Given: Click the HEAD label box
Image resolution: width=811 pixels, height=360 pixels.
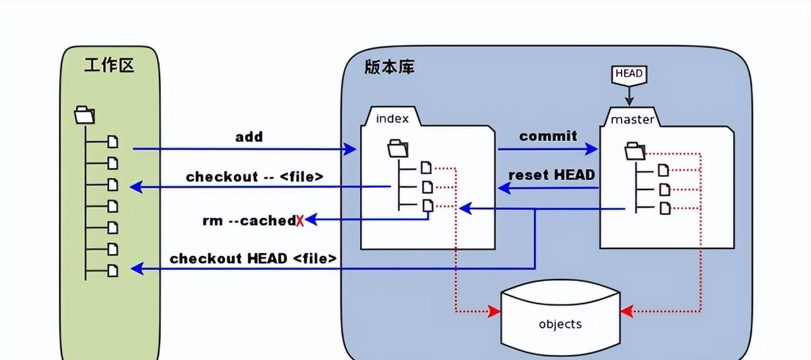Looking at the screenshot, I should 629,74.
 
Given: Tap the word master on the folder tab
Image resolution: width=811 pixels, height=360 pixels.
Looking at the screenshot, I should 632,119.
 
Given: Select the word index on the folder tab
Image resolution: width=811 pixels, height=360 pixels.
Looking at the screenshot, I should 392,119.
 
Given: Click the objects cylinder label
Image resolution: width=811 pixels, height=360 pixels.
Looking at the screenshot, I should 560,324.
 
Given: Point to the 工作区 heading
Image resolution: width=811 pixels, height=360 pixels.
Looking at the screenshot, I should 110,65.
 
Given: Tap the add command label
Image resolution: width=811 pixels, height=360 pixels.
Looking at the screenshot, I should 249,137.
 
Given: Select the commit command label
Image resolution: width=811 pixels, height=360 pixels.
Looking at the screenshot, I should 548,136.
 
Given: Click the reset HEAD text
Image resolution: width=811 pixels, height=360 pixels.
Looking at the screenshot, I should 552,174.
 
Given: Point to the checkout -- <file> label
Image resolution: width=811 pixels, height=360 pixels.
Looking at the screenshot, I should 255,177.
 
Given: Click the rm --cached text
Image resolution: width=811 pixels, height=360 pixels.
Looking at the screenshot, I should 248,221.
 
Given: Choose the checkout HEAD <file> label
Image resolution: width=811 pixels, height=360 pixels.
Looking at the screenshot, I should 253,259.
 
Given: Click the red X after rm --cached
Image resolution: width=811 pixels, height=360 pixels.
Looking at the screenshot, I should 300,221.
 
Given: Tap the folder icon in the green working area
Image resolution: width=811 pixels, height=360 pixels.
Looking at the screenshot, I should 84,115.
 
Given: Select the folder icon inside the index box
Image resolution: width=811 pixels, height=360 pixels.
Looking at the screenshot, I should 397,149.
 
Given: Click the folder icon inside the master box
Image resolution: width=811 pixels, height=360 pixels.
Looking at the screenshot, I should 635,151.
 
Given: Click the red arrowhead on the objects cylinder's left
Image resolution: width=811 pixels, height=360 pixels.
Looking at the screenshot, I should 494,312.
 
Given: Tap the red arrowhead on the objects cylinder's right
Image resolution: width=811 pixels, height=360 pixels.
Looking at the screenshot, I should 627,312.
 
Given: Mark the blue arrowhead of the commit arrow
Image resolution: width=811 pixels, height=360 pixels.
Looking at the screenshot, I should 592,150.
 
